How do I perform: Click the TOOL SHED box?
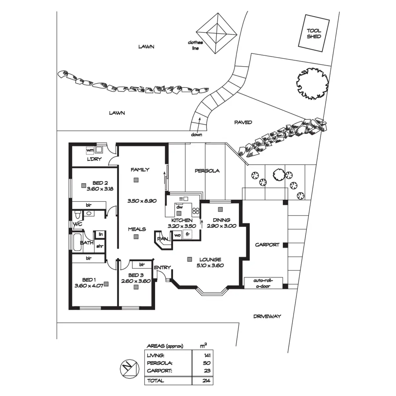[314, 34]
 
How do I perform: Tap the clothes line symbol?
[217, 33]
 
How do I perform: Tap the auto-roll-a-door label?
[263, 283]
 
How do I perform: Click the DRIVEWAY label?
[267, 316]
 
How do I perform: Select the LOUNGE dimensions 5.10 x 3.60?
[210, 265]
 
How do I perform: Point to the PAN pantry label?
[162, 239]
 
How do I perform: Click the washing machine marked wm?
[89, 150]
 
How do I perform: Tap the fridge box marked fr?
[187, 235]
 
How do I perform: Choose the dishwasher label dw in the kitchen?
[179, 207]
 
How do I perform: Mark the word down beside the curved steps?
[196, 135]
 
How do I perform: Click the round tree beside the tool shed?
[312, 82]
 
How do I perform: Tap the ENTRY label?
[162, 267]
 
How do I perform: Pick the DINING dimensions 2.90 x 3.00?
[221, 226]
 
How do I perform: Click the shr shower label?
[99, 246]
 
